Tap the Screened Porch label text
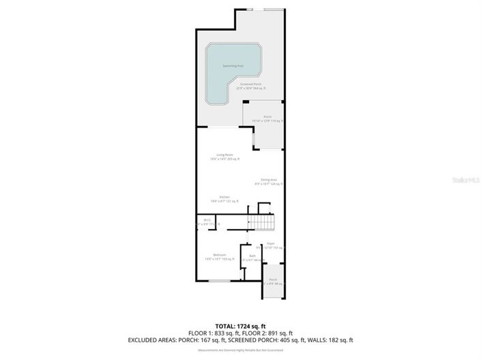tap(251, 85)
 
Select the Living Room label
tap(225, 155)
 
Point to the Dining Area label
tap(268, 180)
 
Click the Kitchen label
tap(224, 196)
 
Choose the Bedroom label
tap(220, 254)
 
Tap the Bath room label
tap(252, 256)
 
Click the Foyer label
tap(271, 243)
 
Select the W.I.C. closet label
tap(207, 220)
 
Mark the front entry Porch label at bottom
tap(273, 280)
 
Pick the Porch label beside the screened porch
tap(268, 117)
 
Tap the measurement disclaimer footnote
tap(240, 350)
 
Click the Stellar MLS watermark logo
tap(467, 180)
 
